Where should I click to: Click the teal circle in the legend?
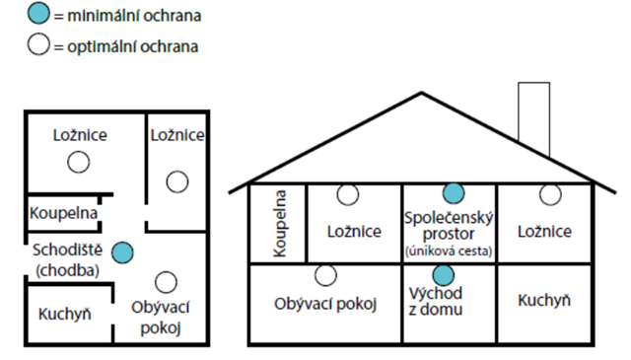pos(37,15)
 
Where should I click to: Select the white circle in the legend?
pos(37,45)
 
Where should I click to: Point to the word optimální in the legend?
pos(103,45)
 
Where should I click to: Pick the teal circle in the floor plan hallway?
pos(120,252)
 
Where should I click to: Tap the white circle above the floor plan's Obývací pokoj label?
pos(167,282)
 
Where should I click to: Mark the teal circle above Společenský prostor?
pos(453,193)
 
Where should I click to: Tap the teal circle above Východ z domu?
pos(443,273)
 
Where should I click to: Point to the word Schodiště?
pos(63,251)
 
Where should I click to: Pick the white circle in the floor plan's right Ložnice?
pos(176,180)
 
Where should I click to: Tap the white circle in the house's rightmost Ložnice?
pos(549,193)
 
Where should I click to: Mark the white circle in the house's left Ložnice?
pos(348,193)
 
